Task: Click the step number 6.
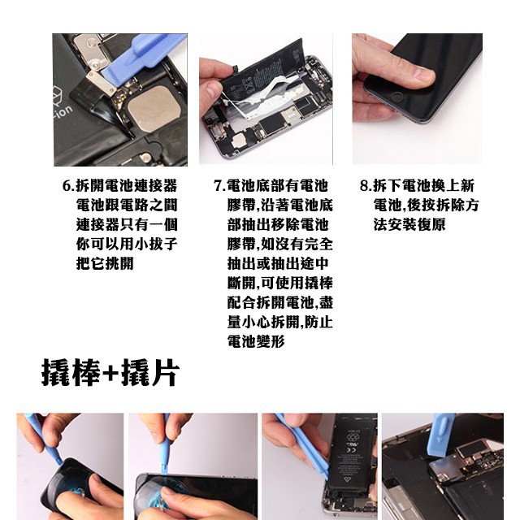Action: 67,186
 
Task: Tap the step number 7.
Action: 218,186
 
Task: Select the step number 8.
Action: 364,186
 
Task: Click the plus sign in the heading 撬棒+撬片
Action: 110,374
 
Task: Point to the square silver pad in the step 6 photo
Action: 154,109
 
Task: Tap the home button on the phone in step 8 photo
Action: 396,97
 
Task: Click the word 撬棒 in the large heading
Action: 71,373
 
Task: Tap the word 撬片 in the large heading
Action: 150,373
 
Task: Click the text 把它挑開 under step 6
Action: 105,263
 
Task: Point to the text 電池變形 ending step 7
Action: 256,341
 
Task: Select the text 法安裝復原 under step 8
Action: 409,224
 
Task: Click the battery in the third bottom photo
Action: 352,464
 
